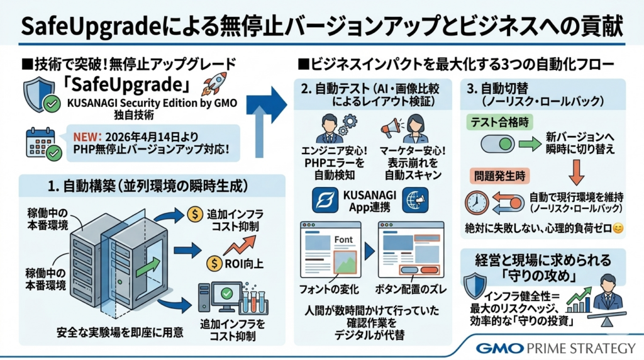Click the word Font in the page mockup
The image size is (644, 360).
343,239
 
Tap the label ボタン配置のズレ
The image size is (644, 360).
407,290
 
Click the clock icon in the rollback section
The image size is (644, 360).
477,202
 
